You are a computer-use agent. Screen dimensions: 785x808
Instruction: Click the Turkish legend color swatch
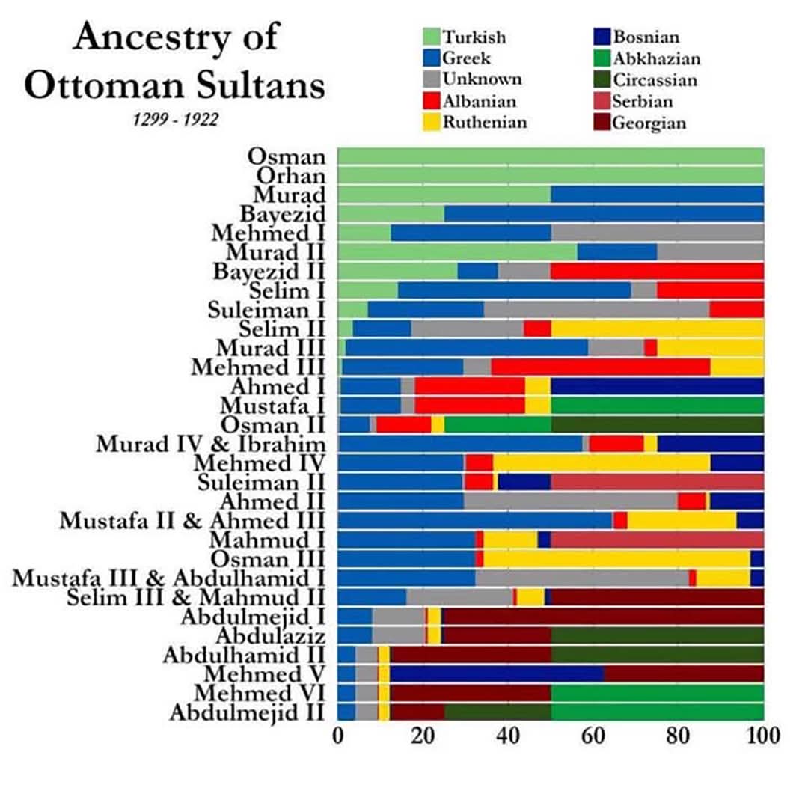point(431,37)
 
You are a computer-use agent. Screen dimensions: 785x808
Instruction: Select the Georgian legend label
point(649,123)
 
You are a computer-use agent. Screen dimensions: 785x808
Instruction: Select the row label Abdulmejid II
point(248,713)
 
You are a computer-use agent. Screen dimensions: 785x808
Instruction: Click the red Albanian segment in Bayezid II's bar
point(657,271)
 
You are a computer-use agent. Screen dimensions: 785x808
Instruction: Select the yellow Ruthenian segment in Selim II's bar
point(657,329)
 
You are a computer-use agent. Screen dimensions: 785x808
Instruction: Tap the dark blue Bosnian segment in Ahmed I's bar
point(657,386)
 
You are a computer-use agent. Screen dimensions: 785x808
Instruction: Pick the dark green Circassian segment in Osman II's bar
point(657,424)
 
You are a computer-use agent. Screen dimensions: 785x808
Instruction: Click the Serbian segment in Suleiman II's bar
point(657,482)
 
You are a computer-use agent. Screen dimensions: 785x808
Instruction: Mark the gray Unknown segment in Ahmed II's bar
point(570,501)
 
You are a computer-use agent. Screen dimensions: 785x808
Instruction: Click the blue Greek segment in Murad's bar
point(657,194)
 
